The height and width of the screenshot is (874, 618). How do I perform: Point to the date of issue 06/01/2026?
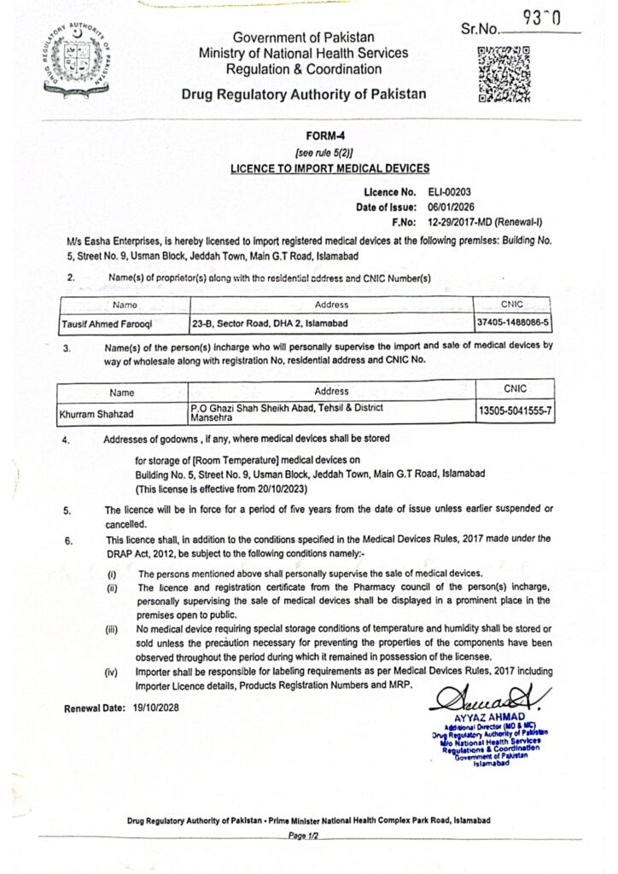(453, 207)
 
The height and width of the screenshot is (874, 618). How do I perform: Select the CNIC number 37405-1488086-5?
(513, 323)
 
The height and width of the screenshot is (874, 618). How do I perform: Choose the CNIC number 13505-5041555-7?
(514, 411)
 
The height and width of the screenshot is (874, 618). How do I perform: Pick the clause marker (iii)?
(112, 631)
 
